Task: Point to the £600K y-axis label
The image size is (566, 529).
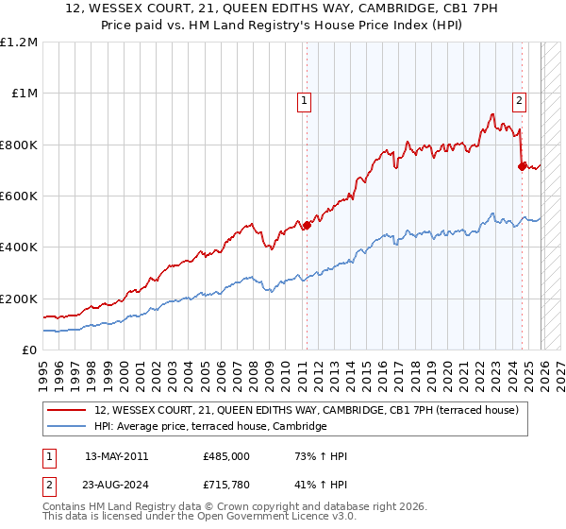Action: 19,196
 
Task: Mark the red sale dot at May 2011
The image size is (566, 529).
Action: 306,225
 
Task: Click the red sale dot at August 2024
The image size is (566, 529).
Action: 522,166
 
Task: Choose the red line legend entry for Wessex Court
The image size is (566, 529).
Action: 311,410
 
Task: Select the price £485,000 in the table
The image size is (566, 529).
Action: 226,456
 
